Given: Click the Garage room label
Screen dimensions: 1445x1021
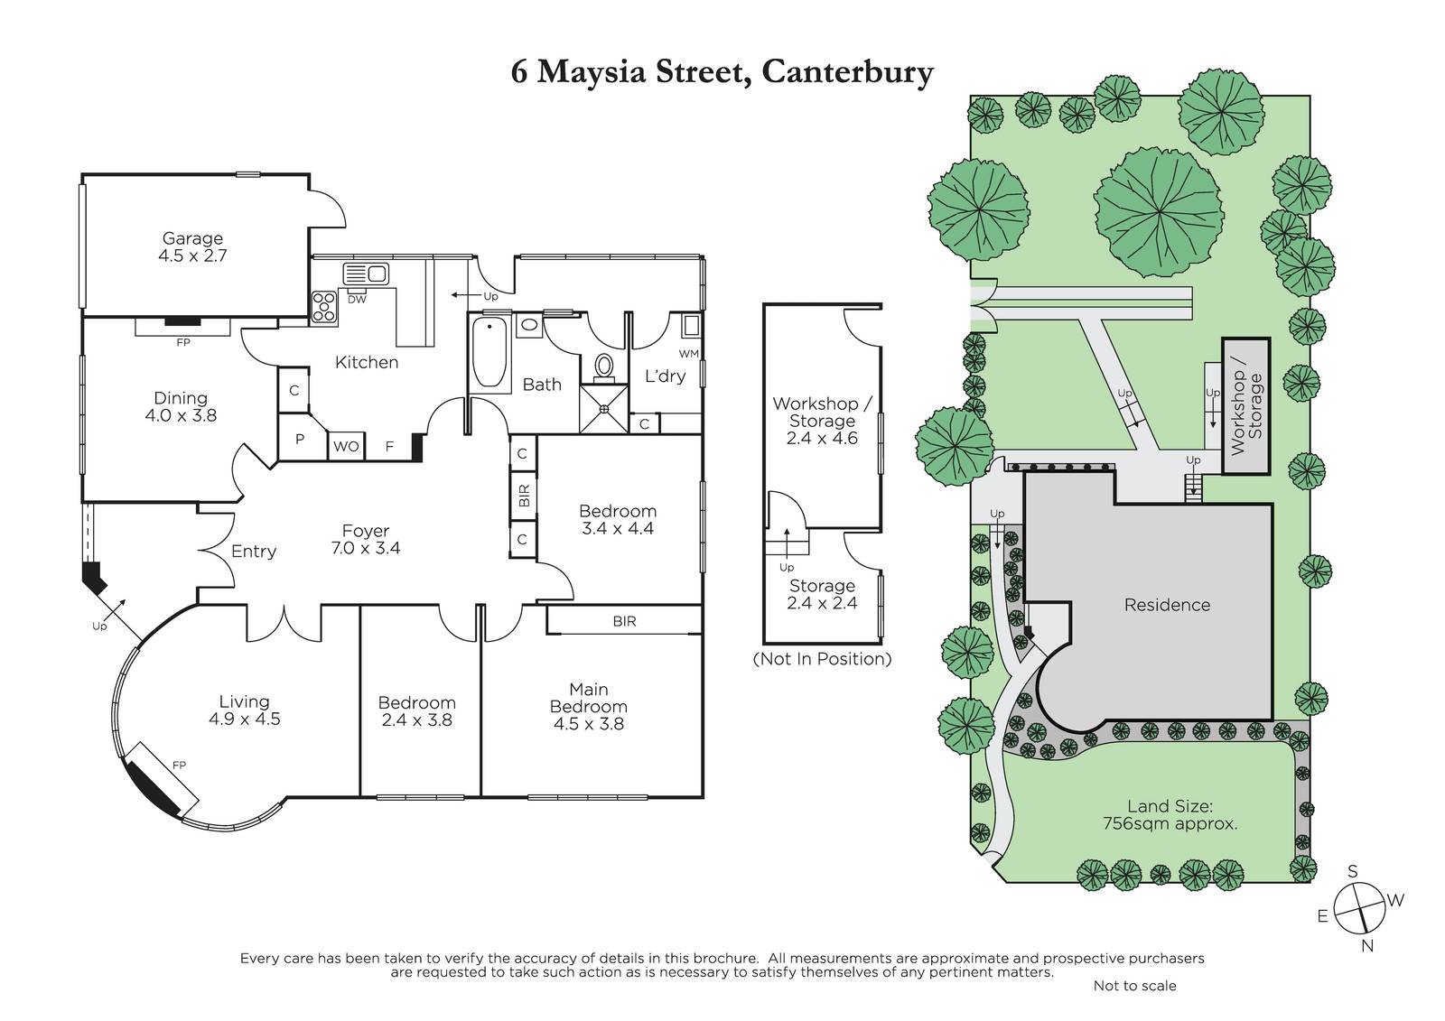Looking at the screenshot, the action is (x=192, y=238).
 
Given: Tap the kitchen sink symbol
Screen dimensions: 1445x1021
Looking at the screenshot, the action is (x=366, y=274).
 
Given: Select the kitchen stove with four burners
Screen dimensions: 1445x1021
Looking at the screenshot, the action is (x=324, y=306).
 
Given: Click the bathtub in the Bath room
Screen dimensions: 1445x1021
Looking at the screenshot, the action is (x=489, y=352).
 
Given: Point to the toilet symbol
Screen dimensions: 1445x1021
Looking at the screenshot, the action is (x=604, y=366).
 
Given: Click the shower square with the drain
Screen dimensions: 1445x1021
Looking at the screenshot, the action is (x=604, y=408).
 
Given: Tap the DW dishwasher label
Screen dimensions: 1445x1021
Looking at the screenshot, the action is (x=357, y=300).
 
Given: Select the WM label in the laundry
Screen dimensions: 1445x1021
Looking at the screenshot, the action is (x=688, y=354).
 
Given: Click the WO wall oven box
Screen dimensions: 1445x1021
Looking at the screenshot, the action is (x=347, y=446).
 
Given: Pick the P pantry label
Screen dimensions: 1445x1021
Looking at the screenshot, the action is (x=299, y=440).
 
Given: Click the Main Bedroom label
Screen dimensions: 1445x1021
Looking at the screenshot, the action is (x=588, y=698).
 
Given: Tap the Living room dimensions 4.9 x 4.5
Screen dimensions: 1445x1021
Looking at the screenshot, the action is (x=245, y=719).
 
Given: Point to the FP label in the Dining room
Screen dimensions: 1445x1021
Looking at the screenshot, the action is (x=183, y=342).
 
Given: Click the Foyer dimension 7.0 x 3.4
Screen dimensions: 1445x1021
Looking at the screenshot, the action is (x=366, y=548).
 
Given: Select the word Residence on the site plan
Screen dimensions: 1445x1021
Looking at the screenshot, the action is (x=1167, y=605).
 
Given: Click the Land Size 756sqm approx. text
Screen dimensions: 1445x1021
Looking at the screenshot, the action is (x=1170, y=814).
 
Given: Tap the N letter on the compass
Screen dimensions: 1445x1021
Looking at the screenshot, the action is (x=1367, y=945).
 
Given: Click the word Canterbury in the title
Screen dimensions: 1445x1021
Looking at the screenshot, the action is (x=848, y=71).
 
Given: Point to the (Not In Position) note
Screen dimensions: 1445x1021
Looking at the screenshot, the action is (x=822, y=659).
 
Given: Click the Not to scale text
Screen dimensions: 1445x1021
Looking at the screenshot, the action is (x=1134, y=986).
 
